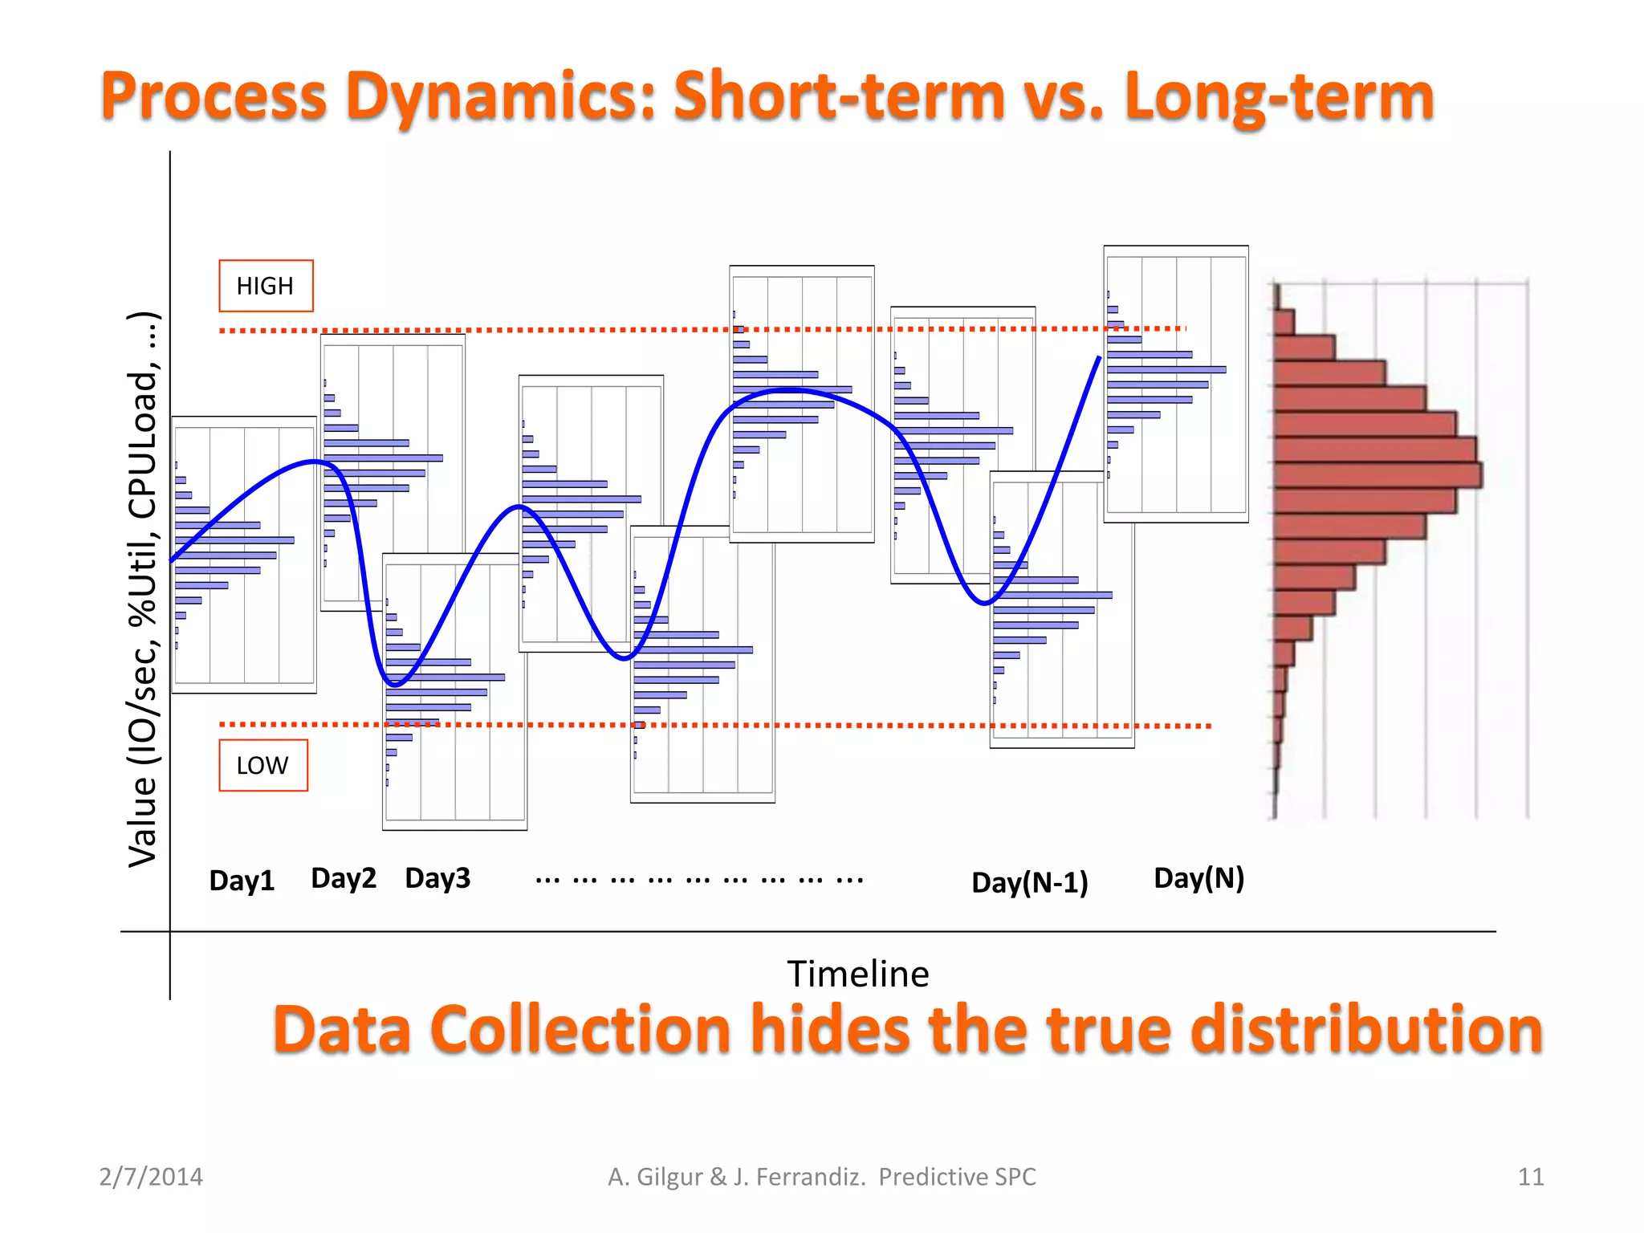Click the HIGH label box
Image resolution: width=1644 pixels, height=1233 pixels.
click(x=266, y=286)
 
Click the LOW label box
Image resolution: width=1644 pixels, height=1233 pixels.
click(x=262, y=765)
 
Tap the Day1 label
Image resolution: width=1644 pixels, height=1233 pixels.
click(x=242, y=881)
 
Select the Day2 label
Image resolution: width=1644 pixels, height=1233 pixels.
click(x=344, y=878)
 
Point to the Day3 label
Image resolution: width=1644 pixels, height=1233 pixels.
click(x=437, y=878)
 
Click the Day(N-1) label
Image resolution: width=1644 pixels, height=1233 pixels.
click(x=1029, y=882)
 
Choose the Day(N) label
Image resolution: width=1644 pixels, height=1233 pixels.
click(x=1198, y=878)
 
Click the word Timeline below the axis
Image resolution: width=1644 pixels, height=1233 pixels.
click(x=857, y=974)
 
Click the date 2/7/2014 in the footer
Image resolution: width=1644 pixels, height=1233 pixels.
click(x=151, y=1177)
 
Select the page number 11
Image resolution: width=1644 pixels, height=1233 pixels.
click(x=1530, y=1177)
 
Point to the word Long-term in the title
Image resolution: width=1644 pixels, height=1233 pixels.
click(x=1279, y=96)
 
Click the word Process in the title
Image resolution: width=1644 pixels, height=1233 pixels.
click(x=214, y=96)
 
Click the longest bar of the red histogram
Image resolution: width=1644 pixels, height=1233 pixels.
click(x=1377, y=474)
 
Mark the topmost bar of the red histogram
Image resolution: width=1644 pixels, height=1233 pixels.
click(x=1284, y=323)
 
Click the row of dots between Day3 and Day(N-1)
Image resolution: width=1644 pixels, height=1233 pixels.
click(x=698, y=880)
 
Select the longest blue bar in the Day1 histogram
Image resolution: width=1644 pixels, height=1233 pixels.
click(x=234, y=540)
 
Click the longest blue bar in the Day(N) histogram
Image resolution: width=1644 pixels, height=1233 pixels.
click(x=1166, y=369)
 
